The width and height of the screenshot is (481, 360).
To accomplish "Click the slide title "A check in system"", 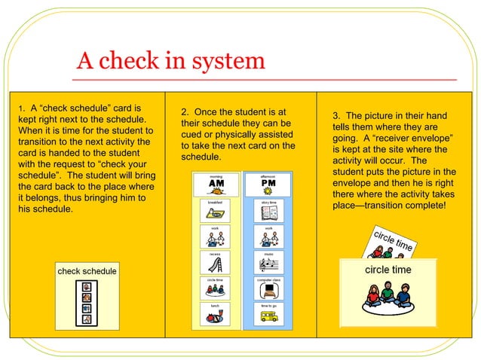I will [170, 60].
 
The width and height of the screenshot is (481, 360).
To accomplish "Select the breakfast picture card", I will [215, 210].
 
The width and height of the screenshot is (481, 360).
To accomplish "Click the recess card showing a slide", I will [215, 263].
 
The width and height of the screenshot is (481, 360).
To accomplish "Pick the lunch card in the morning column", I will [215, 314].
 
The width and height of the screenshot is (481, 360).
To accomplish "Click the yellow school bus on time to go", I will [268, 317].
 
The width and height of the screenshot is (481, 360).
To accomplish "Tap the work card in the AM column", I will [215, 236].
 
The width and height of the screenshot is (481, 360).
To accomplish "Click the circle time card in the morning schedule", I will [215, 288].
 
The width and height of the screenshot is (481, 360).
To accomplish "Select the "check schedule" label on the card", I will [87, 271].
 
